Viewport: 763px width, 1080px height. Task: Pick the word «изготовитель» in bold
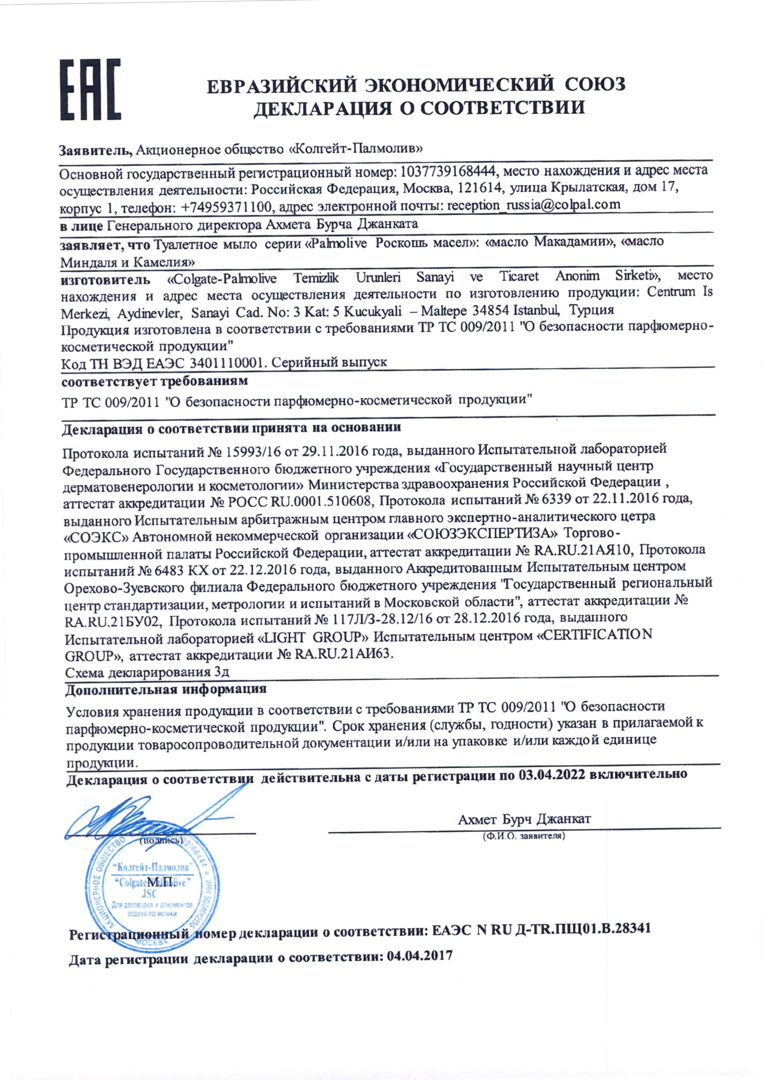point(106,279)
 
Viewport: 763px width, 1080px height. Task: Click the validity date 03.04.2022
point(552,774)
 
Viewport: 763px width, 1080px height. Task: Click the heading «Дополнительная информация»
point(166,689)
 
